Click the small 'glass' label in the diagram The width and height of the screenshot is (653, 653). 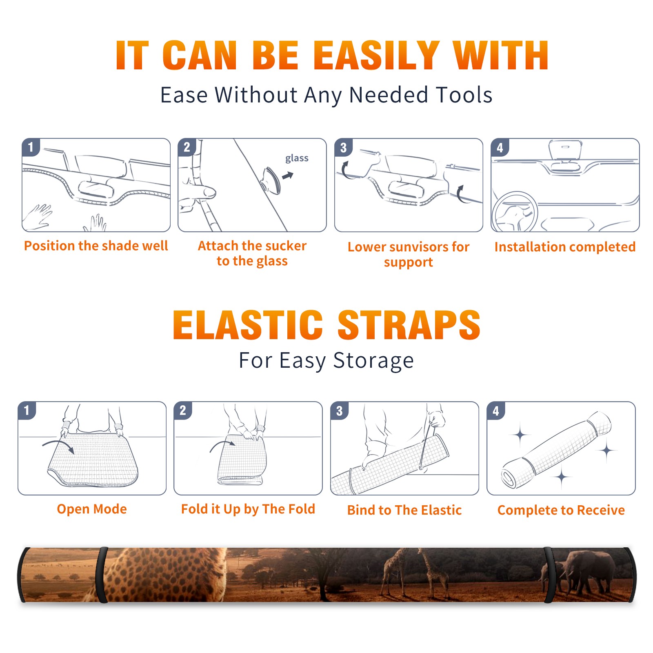point(297,158)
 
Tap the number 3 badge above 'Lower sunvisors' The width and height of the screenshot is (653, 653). point(343,147)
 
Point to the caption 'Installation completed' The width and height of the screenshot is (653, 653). point(565,247)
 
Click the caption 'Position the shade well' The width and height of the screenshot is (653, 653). point(96,246)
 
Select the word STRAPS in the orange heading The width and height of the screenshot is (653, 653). point(409,325)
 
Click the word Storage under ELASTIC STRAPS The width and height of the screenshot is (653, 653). point(373,361)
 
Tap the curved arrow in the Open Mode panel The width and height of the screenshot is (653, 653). point(58,445)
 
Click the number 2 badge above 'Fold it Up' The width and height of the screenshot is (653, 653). point(183,411)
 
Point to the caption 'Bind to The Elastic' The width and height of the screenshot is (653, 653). point(404,510)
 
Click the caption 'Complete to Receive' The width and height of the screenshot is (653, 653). point(561,510)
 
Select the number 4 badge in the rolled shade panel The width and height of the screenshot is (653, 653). point(496,411)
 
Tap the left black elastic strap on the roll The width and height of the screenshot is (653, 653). point(102,575)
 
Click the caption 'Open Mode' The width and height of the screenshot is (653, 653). point(92,509)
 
